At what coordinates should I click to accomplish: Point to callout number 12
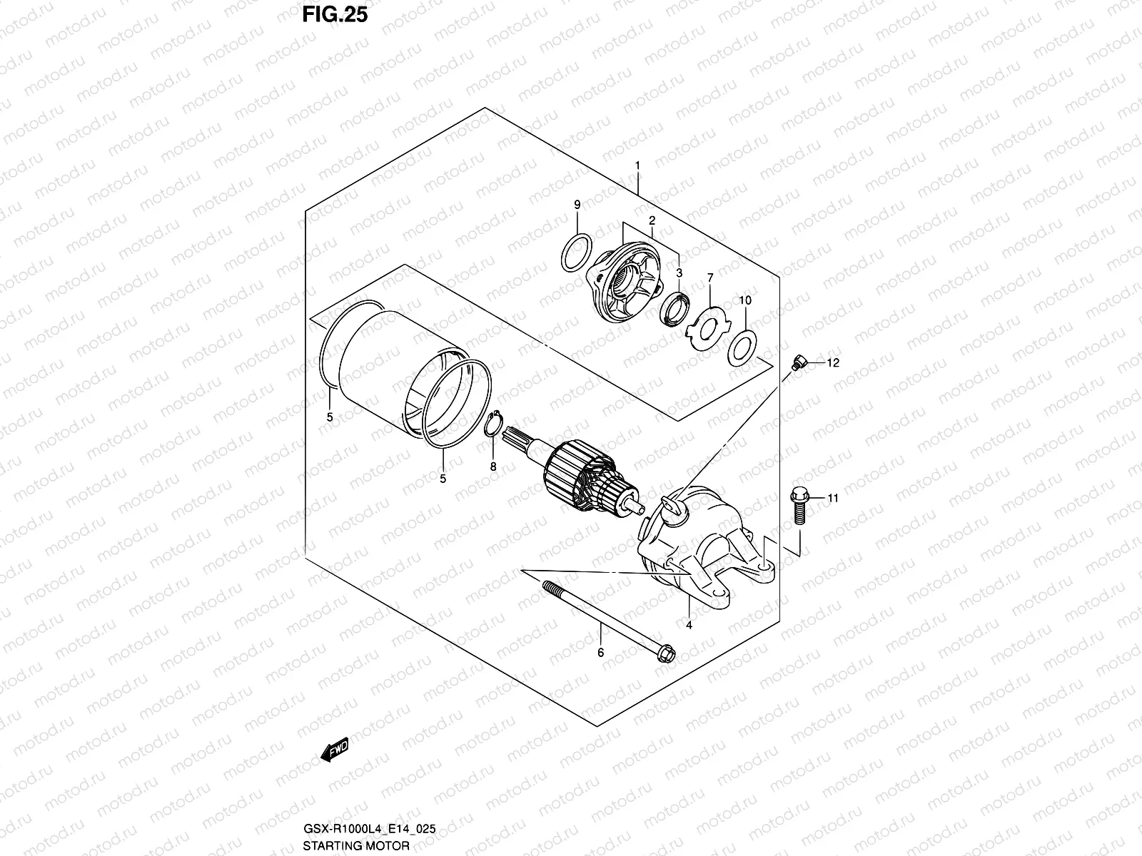(x=833, y=362)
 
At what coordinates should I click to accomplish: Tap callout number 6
(x=600, y=652)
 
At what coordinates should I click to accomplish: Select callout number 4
(x=689, y=626)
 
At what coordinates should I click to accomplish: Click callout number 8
(x=492, y=467)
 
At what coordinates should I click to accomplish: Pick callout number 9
(x=577, y=205)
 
